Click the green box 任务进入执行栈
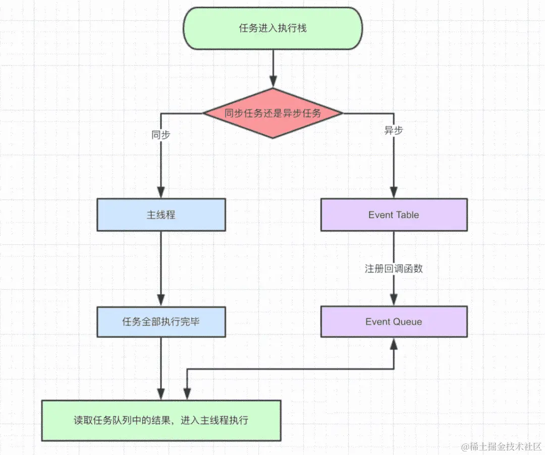coord(272,28)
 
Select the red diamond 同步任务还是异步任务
coord(272,113)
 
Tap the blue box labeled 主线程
coord(161,215)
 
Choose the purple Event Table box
coord(394,215)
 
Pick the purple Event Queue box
coord(394,321)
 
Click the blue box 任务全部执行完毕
coord(161,321)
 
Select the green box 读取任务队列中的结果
coord(161,420)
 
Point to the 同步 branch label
coord(160,135)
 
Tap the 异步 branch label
coord(394,131)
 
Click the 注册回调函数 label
coord(394,269)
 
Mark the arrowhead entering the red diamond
coord(273,82)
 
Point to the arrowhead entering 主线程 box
coord(161,192)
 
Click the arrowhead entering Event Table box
coord(394,192)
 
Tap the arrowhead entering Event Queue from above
coord(394,299)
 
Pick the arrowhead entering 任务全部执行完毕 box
coord(161,299)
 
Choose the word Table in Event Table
coord(407,215)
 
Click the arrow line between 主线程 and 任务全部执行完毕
coord(161,262)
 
